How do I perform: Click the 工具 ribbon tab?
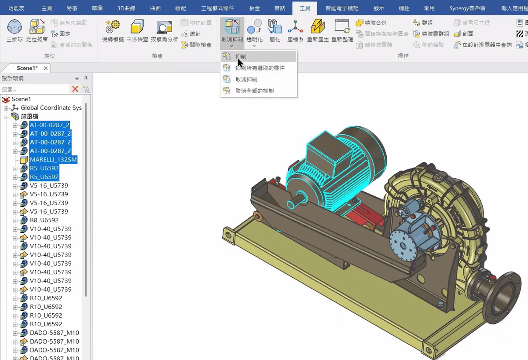tap(304, 8)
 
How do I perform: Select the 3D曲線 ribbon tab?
tap(126, 8)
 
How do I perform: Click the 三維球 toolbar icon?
tap(15, 30)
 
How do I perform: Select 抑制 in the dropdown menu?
tap(241, 57)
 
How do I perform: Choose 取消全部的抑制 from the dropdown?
tap(254, 91)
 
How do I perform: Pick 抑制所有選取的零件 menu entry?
tap(260, 68)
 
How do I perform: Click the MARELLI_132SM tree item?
tap(53, 160)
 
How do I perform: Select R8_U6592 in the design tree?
tap(44, 220)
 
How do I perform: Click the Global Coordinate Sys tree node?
tap(51, 108)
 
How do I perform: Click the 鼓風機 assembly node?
tap(29, 117)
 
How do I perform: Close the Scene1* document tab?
tap(46, 68)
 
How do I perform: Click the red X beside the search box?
tap(75, 89)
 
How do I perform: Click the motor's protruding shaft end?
tap(294, 203)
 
